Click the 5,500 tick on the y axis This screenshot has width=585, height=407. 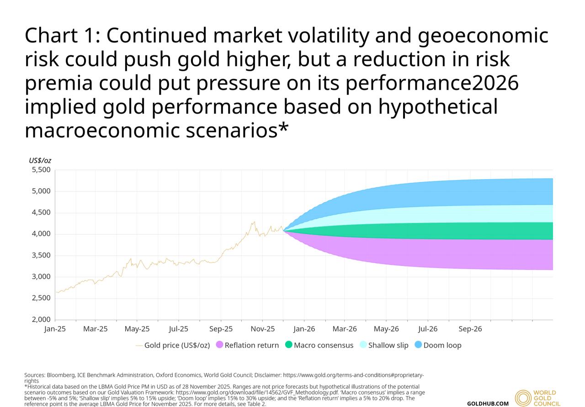click(41, 170)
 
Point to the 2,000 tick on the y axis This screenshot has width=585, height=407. click(41, 319)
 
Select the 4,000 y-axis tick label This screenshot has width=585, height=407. click(41, 234)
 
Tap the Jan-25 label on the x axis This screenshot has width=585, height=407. click(55, 329)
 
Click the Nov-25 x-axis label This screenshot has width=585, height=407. click(263, 329)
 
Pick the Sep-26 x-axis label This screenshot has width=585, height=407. click(470, 329)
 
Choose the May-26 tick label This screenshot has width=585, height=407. click(386, 329)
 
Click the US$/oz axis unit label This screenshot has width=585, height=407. click(40, 160)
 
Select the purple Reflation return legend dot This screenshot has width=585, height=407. click(219, 345)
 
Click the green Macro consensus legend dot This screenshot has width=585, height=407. click(288, 345)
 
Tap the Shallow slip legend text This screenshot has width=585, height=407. click(388, 345)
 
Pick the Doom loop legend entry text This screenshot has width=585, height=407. click(442, 345)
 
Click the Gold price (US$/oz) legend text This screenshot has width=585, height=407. click(177, 345)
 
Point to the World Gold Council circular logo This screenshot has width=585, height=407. click(523, 398)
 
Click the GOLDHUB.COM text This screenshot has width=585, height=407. click(488, 403)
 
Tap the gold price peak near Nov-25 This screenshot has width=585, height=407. click(254, 222)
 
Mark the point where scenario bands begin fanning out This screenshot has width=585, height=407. click(284, 231)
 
